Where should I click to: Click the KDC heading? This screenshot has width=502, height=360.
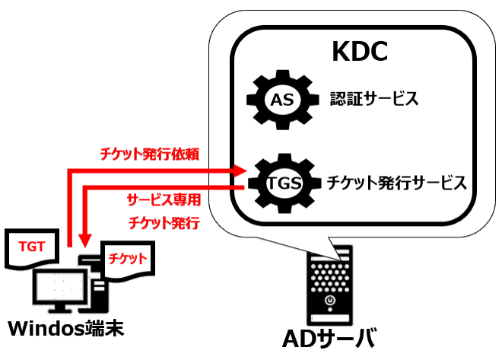[361, 51]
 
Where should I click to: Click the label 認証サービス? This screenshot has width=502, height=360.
[374, 99]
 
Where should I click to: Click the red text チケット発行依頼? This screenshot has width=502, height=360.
[150, 155]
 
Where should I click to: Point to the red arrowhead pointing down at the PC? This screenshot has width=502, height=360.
[84, 243]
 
